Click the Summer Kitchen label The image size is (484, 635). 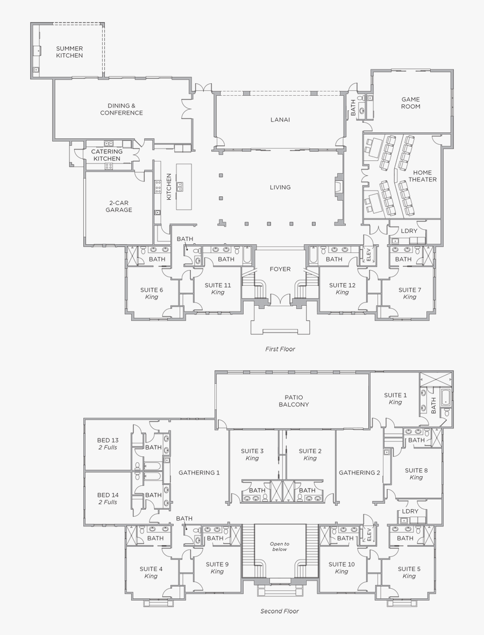(69, 52)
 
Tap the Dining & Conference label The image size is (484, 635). (122, 109)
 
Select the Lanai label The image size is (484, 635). (280, 119)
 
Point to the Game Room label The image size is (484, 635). (410, 103)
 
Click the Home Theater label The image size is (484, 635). (422, 176)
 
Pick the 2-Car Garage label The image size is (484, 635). (118, 207)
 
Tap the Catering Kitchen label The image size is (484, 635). (107, 155)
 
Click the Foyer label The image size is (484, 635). (280, 269)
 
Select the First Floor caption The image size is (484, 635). (280, 349)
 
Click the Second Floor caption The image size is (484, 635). (280, 611)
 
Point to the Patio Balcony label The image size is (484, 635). (294, 401)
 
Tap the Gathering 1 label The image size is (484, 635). (199, 472)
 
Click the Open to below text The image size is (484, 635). (280, 547)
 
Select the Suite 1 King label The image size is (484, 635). (395, 399)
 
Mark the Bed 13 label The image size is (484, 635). (108, 443)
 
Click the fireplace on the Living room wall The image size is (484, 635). (338, 187)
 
